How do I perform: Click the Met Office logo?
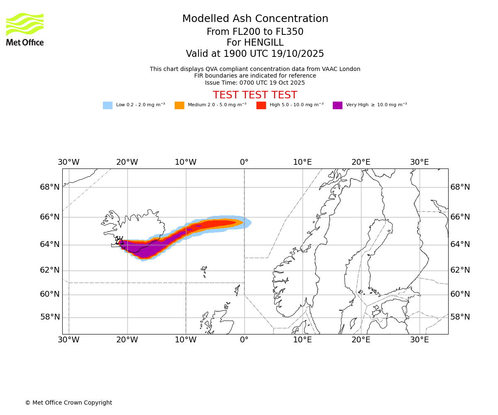(x=25, y=29)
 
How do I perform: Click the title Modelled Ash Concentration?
(x=255, y=19)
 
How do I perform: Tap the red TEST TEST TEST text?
(x=255, y=95)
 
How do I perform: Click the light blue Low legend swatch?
(x=107, y=105)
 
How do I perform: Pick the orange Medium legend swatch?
(x=179, y=105)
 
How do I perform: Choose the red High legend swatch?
(x=261, y=105)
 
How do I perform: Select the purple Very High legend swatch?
(x=337, y=105)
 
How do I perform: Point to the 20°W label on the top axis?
(x=127, y=162)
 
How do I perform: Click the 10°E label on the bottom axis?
(x=303, y=340)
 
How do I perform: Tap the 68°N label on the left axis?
(x=50, y=187)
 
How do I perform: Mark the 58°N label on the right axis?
(x=460, y=317)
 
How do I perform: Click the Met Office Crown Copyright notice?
(x=68, y=403)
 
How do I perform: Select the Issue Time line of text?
(x=255, y=83)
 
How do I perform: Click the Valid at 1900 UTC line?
(x=255, y=54)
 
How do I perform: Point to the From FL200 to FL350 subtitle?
(x=255, y=32)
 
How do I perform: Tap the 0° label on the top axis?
(x=244, y=162)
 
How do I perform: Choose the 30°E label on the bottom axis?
(x=420, y=340)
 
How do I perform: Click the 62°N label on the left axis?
(x=50, y=270)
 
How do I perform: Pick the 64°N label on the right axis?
(x=460, y=244)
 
